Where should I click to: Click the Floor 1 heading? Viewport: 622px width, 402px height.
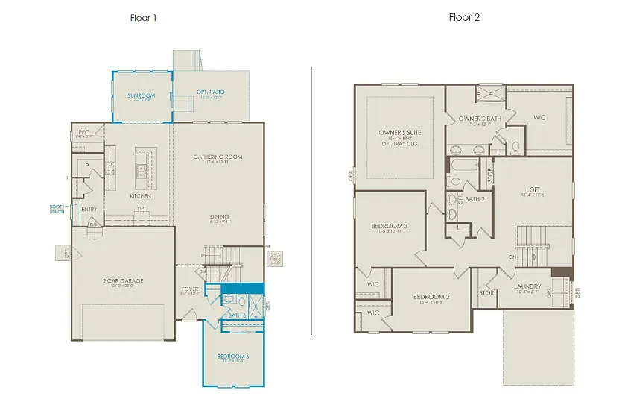pos(143,17)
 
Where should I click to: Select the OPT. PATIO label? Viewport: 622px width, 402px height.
pos(211,92)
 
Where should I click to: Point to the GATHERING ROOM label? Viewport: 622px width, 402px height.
pos(218,157)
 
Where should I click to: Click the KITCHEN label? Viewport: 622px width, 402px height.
pos(140,196)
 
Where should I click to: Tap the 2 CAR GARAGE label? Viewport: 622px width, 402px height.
pos(124,281)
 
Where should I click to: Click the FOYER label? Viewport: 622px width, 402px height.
pos(189,289)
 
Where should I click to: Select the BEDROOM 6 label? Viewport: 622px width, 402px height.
pos(233,357)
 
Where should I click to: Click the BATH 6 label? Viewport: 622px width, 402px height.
pos(238,315)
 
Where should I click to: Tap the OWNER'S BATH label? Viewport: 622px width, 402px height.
pos(480,119)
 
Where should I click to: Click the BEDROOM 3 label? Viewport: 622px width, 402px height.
pos(390,226)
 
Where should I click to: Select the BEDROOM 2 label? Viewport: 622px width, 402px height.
pos(432,297)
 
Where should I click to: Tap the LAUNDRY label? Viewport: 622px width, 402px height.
pos(528,286)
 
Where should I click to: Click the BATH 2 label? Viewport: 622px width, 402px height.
pos(475,199)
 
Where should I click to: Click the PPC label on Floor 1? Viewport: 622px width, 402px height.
pos(83,132)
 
